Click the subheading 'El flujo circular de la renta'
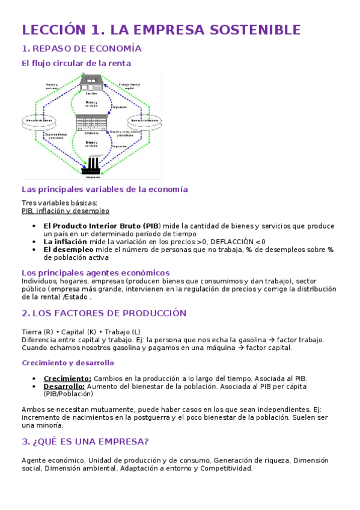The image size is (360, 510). pos(76,63)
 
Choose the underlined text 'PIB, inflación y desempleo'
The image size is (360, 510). pos(65,211)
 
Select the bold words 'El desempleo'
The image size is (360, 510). pos(68,249)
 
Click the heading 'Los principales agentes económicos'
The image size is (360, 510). pos(96,272)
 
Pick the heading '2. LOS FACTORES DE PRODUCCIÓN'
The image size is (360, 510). pos(104,313)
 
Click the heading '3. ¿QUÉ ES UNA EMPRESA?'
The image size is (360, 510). pos(85,441)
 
